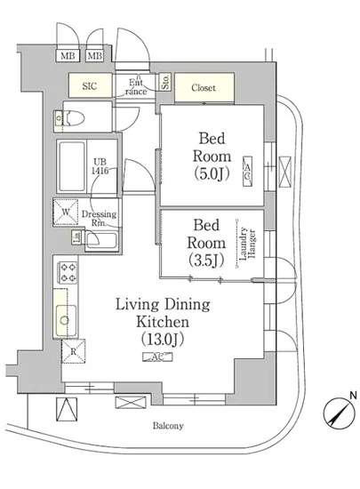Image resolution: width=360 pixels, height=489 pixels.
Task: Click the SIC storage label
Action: pos(90,86)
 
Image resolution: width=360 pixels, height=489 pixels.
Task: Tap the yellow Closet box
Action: pos(204,87)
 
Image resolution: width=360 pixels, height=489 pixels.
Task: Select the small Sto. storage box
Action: pos(165,82)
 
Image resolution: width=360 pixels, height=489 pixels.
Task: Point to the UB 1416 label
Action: pos(100,166)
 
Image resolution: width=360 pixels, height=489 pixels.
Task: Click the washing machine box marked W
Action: pos(66,212)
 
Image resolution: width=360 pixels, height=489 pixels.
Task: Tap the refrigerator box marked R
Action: pos(73,351)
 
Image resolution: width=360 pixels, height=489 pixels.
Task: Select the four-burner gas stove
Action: pos(68,273)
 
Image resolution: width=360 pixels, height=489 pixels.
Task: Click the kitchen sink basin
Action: pos(66,321)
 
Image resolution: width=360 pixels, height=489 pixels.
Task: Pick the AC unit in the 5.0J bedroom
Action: pos(247,172)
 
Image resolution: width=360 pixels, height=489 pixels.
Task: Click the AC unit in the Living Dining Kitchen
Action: pos(157,357)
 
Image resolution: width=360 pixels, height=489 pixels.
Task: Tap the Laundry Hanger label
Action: pos(248,244)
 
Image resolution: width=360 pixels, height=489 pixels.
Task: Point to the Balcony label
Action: pos(168,426)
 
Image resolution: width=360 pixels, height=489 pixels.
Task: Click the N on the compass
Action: pos(353,396)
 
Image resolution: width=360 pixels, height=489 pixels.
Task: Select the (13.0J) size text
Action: pos(163,340)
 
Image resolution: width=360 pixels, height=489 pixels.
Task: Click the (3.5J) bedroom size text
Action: pos(206,261)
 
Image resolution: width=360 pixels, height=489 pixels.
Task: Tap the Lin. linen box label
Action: pos(77,236)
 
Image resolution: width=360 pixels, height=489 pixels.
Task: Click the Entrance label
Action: pos(136,87)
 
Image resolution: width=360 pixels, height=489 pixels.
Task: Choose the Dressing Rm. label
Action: pos(99,219)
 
